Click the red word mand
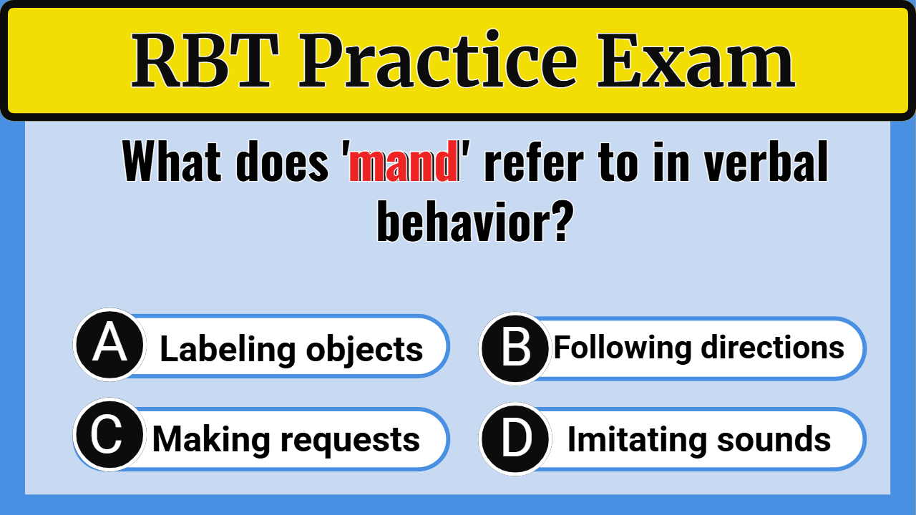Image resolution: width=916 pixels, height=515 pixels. point(404,163)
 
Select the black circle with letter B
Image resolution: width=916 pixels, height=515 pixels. point(515,348)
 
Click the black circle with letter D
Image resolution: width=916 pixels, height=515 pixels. point(515,439)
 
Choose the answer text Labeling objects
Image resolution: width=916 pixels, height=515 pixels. point(291,349)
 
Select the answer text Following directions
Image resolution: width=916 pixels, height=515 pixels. point(698,348)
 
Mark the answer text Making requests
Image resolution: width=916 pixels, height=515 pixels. point(286,439)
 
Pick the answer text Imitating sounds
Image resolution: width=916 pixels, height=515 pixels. point(698,439)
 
